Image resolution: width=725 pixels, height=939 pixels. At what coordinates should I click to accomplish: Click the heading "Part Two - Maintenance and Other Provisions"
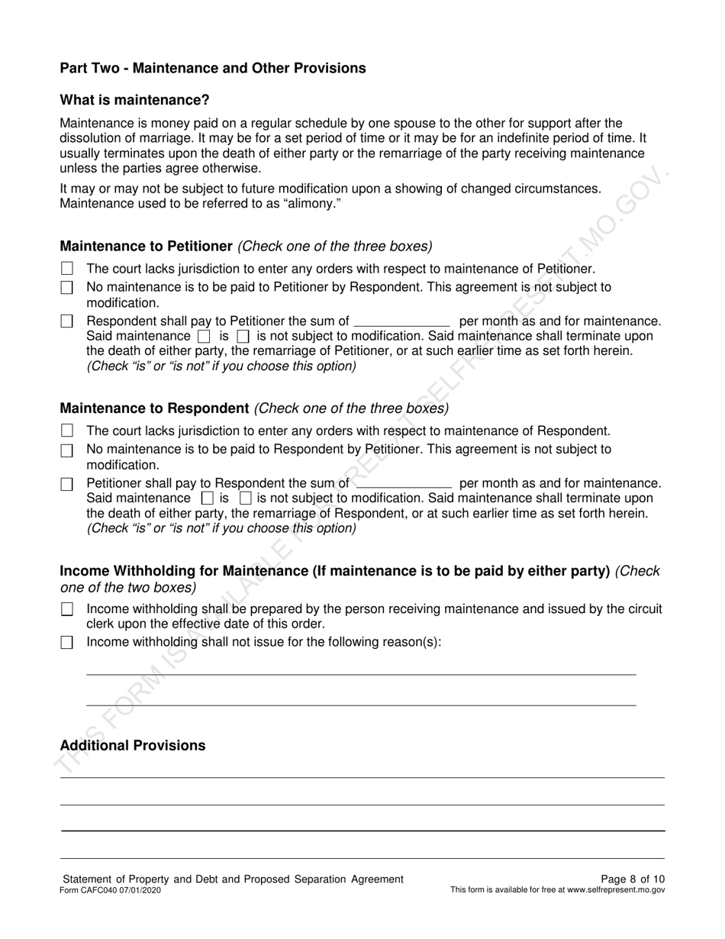point(213,68)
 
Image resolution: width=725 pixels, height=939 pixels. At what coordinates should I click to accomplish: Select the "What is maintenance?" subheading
point(134,100)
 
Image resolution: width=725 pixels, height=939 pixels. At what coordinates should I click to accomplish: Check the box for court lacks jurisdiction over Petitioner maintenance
point(67,269)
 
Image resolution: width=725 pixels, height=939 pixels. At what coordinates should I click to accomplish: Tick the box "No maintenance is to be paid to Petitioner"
point(67,288)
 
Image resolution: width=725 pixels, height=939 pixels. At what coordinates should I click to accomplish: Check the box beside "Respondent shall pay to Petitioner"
point(67,321)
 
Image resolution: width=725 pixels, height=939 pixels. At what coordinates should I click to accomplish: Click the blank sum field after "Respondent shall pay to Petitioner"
point(403,321)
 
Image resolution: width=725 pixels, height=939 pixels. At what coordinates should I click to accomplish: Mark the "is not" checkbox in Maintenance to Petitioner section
point(243,336)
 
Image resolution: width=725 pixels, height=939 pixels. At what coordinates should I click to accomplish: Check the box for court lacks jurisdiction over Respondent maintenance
point(67,431)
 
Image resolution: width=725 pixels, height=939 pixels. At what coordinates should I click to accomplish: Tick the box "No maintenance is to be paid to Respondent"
point(67,450)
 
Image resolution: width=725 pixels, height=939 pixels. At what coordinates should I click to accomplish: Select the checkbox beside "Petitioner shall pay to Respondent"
point(67,484)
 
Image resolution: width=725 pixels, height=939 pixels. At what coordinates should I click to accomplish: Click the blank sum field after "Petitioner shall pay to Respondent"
point(404,483)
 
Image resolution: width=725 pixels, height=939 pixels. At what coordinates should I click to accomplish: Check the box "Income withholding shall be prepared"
point(67,609)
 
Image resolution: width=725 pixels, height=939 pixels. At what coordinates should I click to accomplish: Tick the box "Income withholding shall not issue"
point(67,642)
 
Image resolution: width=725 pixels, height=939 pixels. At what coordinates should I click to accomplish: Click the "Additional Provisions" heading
point(133,745)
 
